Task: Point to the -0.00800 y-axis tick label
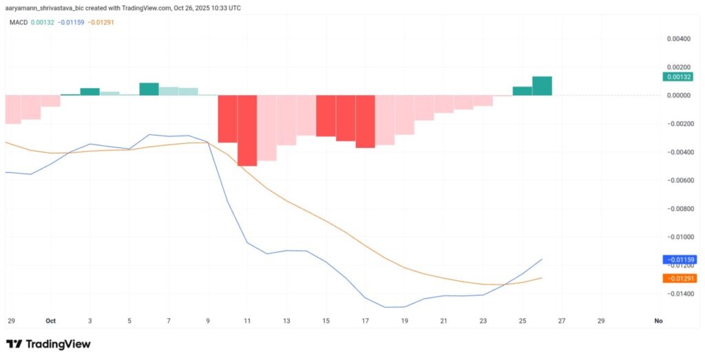pos(677,208)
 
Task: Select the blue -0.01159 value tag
pos(679,260)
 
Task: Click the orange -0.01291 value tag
pos(679,278)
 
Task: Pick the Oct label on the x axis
pos(50,321)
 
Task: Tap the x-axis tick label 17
pos(365,321)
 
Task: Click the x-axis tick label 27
pos(562,321)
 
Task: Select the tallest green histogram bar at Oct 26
pos(542,86)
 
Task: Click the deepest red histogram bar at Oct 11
pos(247,131)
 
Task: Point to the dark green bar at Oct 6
pos(149,89)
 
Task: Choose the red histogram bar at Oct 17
pos(365,121)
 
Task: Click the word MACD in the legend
pos(18,22)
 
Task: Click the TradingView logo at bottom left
pos(48,343)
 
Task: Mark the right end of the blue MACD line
pos(542,260)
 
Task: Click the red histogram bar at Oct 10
pos(227,119)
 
